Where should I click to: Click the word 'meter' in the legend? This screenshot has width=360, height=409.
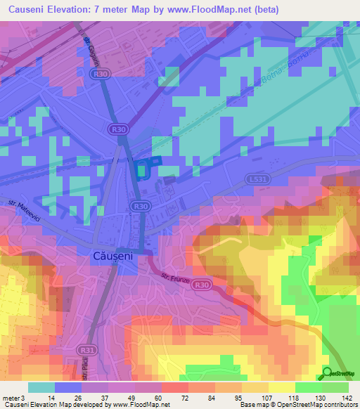coord(10,398)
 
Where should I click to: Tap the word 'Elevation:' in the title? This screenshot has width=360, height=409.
coord(78,10)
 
